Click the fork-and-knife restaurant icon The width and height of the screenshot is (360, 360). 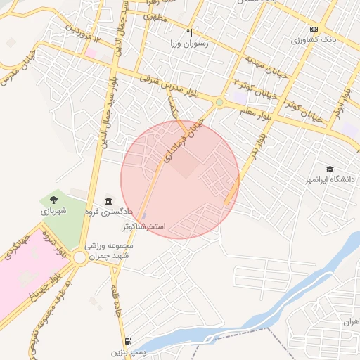point(188,33)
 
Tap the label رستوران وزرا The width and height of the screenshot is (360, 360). point(184,44)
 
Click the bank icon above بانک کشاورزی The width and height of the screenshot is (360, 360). point(314,29)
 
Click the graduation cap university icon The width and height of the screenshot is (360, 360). point(330,168)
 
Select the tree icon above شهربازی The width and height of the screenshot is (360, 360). point(54,200)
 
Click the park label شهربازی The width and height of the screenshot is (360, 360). point(53,211)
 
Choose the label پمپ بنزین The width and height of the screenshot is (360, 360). point(127,351)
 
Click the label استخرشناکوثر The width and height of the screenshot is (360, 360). point(143,226)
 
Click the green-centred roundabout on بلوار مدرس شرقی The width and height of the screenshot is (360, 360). point(219,103)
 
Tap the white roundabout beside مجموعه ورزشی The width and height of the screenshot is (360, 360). point(79,258)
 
